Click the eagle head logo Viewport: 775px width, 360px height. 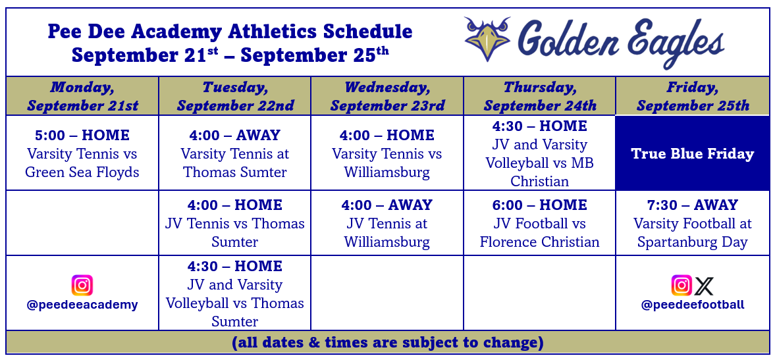(x=487, y=39)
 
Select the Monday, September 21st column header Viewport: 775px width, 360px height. (x=82, y=96)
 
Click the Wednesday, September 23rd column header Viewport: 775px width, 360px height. (x=387, y=96)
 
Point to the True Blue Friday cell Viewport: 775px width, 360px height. (x=693, y=153)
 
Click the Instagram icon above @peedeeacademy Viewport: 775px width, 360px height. (x=82, y=286)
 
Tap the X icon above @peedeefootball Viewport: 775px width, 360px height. (x=704, y=286)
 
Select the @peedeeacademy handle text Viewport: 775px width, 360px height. (x=82, y=305)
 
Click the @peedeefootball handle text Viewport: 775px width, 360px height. (x=693, y=305)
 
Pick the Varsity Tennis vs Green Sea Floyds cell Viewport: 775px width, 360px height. (x=82, y=153)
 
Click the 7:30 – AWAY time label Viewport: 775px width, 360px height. (x=693, y=205)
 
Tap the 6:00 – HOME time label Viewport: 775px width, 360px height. (x=539, y=205)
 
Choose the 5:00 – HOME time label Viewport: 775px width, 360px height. (x=82, y=136)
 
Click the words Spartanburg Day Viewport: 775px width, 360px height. (x=693, y=242)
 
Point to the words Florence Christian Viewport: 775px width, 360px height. (x=539, y=242)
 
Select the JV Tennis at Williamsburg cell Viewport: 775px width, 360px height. (x=387, y=223)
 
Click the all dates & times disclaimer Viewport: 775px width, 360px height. (x=387, y=342)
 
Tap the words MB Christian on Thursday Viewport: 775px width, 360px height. (x=539, y=172)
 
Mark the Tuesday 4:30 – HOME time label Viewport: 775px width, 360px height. (x=235, y=267)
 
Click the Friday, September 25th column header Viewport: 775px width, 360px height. (x=693, y=96)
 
